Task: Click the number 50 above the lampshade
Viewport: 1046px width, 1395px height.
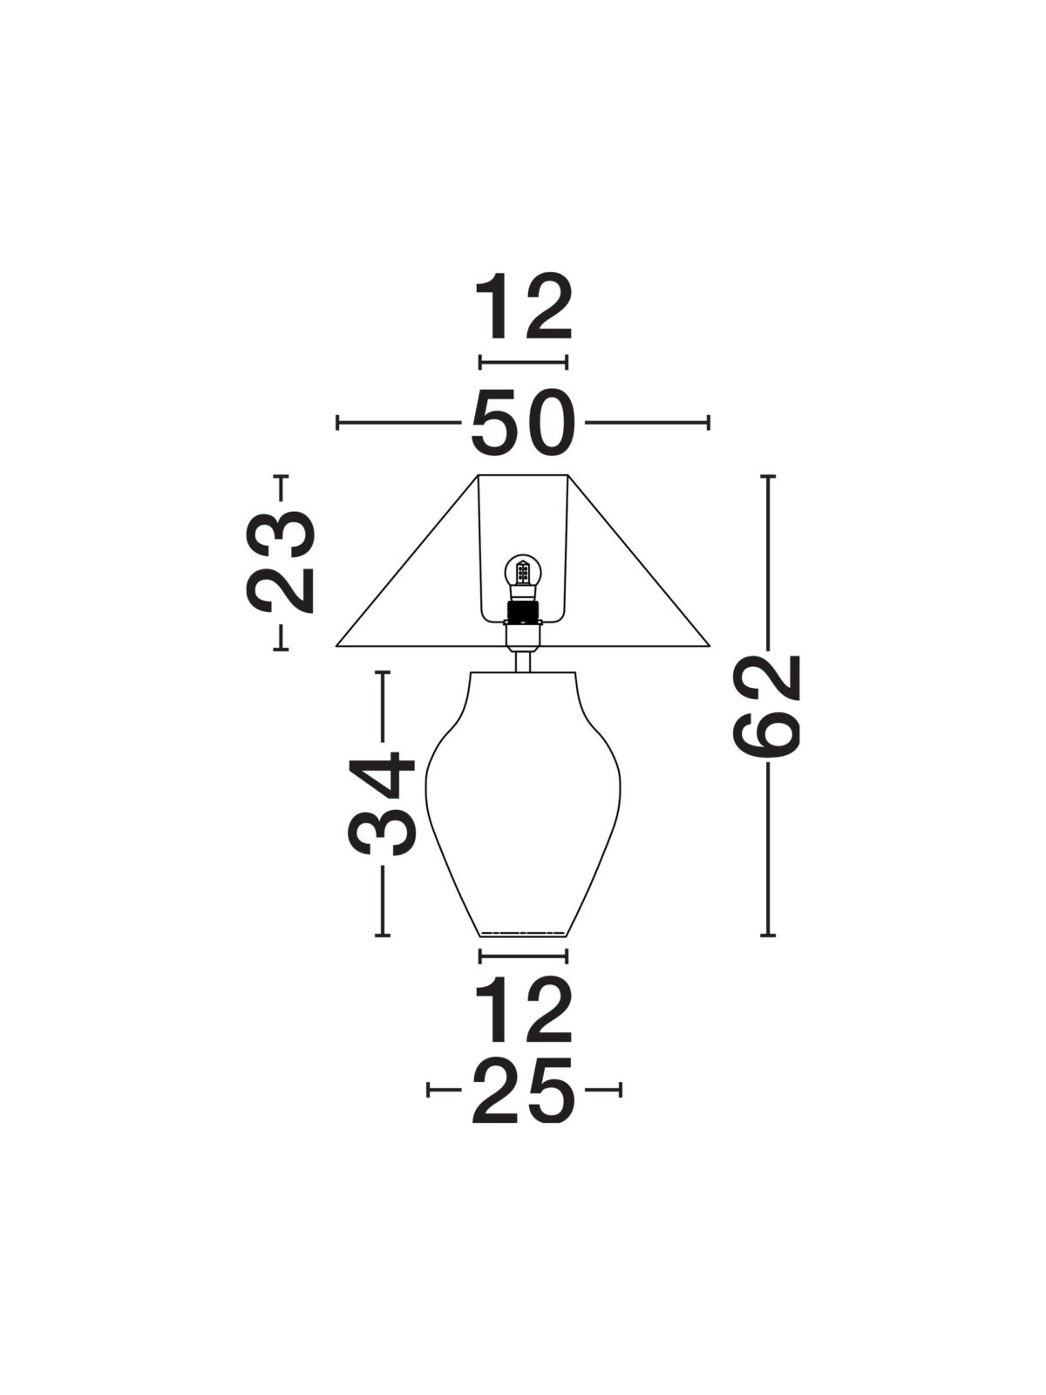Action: point(523,423)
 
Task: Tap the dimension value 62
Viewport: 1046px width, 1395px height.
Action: point(766,705)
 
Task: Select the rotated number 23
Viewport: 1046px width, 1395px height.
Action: point(280,561)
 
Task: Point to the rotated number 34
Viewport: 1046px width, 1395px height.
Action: point(381,803)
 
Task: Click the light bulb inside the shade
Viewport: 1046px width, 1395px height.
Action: point(523,575)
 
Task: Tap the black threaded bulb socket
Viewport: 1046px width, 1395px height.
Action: point(523,612)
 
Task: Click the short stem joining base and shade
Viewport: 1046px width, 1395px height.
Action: point(523,660)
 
